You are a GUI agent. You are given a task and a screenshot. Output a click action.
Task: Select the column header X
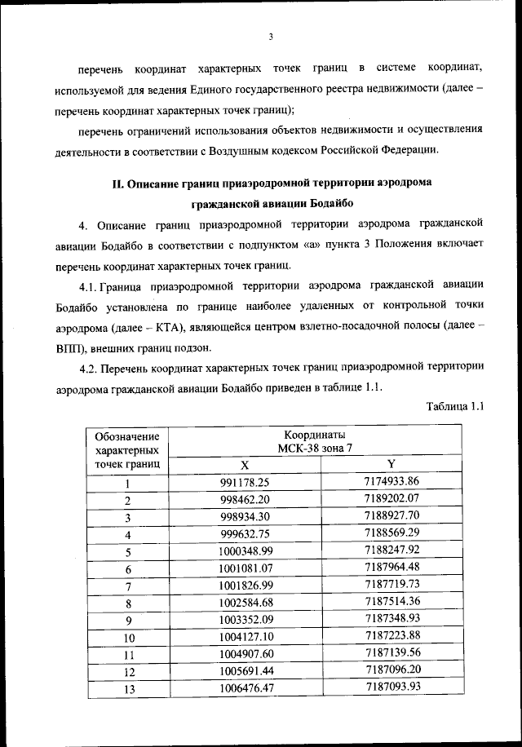(244, 464)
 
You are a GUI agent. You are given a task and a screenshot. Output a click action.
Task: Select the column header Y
(391, 463)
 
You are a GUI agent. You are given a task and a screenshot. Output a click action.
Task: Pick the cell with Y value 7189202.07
(391, 498)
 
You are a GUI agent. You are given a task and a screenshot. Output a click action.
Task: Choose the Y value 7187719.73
(391, 586)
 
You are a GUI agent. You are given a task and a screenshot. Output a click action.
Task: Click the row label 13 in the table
(128, 690)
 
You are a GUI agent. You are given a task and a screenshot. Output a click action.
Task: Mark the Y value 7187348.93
(391, 620)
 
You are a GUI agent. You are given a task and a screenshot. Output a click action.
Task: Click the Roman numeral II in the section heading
(117, 183)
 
